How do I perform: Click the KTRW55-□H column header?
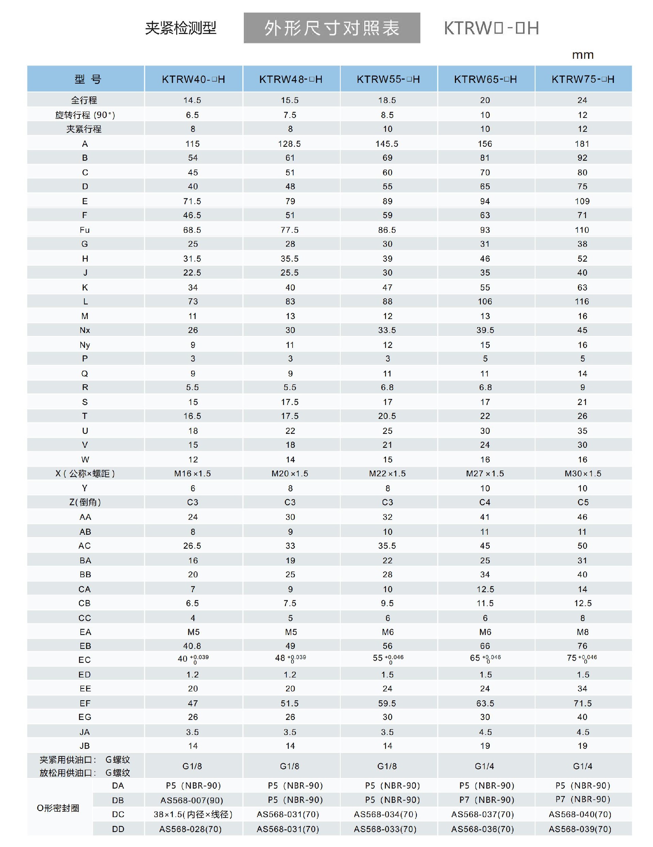coord(388,79)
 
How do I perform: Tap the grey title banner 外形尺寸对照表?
coord(332,28)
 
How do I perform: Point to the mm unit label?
coord(582,55)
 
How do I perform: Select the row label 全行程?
coord(84,100)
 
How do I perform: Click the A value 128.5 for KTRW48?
coord(290,143)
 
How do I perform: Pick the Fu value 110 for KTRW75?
coord(582,230)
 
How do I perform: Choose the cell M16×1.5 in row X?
coord(192,473)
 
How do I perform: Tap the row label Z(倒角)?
coord(85,502)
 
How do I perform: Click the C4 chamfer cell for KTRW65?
coord(485,502)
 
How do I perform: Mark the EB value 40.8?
coord(192,646)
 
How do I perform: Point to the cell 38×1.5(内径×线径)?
coord(192,814)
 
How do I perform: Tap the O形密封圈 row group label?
coord(58,808)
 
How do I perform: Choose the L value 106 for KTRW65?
coord(485,301)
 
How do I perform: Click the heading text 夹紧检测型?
coord(181,28)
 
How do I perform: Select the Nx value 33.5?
coord(387,330)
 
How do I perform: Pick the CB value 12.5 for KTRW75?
coord(583,603)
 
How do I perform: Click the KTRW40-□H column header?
coord(193,79)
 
